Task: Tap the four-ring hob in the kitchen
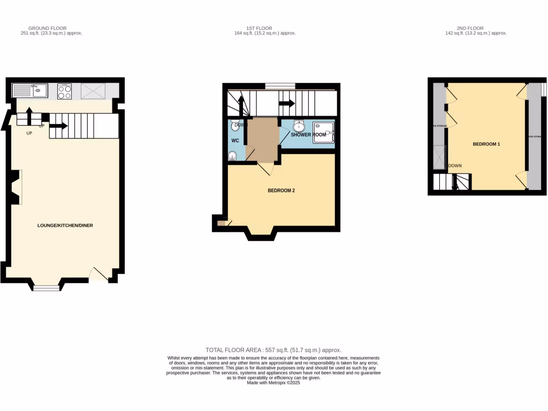64,92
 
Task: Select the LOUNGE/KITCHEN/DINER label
65,225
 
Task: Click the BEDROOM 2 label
281,191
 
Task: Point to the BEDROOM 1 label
486,144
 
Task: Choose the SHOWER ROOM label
308,134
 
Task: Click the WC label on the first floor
235,141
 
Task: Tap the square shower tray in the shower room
324,133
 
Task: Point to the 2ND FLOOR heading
470,28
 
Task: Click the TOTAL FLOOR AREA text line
273,349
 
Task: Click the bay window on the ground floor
47,288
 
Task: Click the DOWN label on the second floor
455,166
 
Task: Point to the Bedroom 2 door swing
266,168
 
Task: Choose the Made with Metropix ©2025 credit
273,383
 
